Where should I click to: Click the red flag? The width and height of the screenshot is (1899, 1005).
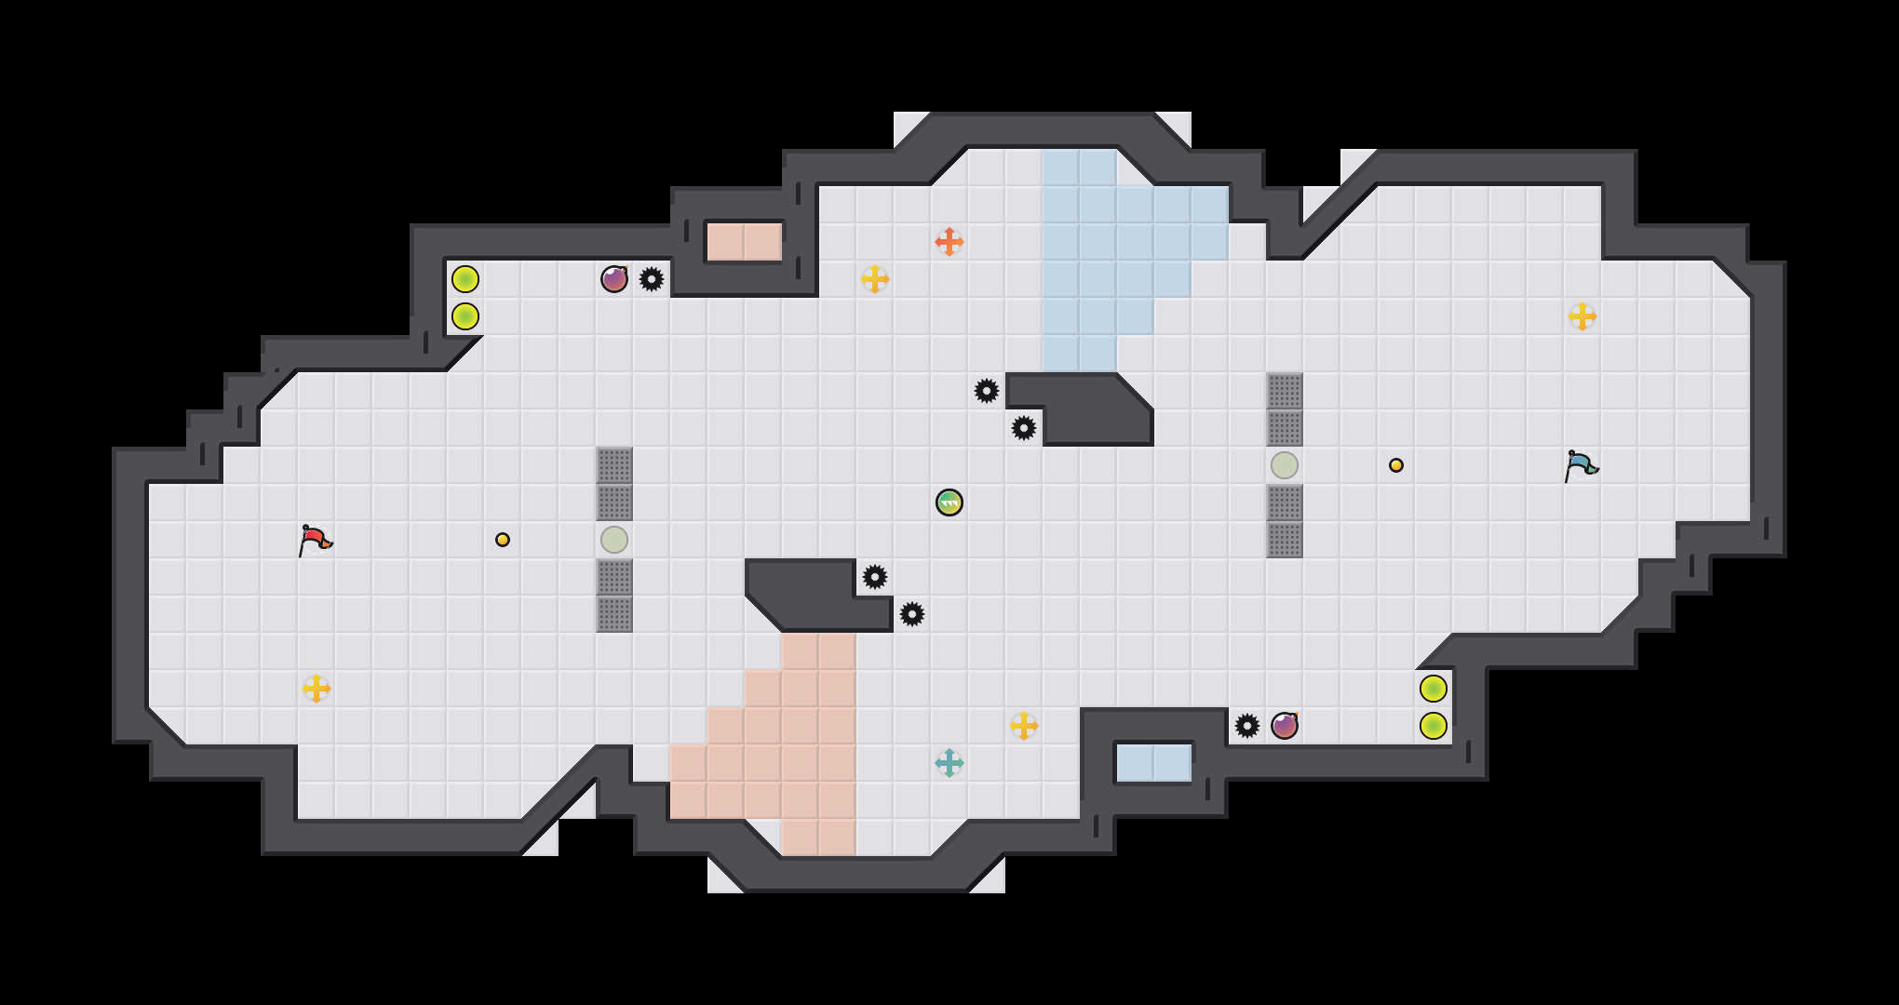[315, 540]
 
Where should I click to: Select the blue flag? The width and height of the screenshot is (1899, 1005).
[1580, 464]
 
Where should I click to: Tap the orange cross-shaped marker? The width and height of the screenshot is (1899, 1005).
[949, 242]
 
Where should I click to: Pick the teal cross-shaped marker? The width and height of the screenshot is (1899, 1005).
[949, 763]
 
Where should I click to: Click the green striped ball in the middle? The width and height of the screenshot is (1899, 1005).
[949, 502]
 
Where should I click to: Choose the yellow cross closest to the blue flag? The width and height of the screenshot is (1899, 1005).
[1582, 316]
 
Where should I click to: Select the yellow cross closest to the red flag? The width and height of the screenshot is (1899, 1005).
[316, 689]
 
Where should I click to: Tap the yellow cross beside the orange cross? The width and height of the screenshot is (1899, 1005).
[874, 279]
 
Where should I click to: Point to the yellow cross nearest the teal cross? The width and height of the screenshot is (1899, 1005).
[1023, 726]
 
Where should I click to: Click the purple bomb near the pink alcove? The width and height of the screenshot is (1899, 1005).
[613, 279]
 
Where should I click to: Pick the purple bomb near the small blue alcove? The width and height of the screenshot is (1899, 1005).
[1284, 726]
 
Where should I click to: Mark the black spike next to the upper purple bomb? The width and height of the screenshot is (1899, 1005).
[651, 279]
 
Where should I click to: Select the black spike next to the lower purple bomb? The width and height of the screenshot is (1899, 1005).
[1246, 726]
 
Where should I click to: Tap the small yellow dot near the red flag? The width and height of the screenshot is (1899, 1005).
[502, 540]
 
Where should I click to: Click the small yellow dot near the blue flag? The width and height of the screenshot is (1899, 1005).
[1395, 465]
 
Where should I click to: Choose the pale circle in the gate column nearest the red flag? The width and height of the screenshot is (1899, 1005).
[613, 540]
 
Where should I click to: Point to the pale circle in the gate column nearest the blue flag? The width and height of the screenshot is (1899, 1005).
[1284, 465]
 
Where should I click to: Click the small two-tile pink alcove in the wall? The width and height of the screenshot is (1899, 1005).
[744, 242]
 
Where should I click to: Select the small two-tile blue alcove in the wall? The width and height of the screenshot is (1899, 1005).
[1153, 763]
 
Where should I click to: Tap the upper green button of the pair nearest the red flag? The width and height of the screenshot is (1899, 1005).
[465, 279]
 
